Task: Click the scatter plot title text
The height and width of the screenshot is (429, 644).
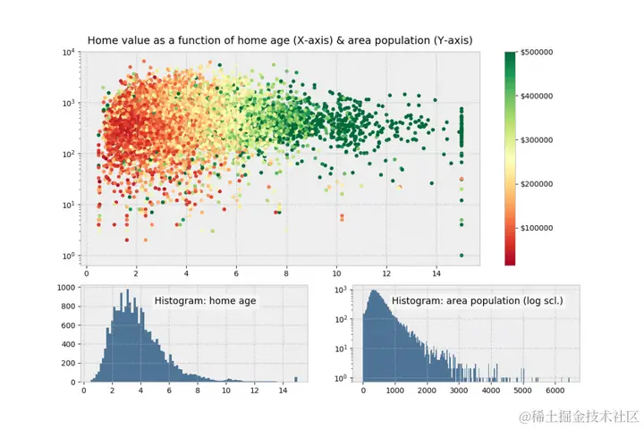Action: click(279, 40)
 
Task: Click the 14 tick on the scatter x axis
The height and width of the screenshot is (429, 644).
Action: click(436, 271)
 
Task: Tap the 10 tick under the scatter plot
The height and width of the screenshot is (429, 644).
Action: click(336, 271)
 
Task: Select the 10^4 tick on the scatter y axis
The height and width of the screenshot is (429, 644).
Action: click(69, 52)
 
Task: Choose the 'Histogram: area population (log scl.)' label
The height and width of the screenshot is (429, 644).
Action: click(478, 301)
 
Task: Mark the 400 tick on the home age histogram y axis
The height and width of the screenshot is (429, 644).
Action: click(70, 345)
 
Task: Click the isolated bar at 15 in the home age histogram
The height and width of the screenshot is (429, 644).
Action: click(296, 379)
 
